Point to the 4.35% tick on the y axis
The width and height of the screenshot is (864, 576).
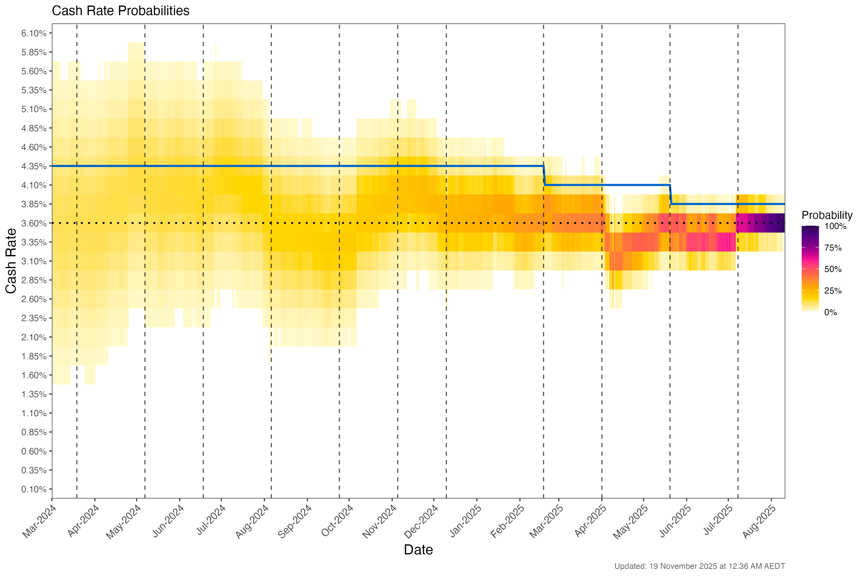point(34,166)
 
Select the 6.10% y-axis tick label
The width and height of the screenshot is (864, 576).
point(34,33)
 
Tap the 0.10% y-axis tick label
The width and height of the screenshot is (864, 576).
point(34,489)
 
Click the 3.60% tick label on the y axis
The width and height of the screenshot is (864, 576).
point(34,223)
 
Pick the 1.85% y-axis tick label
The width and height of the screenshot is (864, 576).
point(34,356)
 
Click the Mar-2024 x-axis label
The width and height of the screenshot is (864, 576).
point(40,521)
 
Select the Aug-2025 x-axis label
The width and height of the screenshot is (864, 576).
point(759,521)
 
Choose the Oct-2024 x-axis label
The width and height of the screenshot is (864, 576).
point(337,521)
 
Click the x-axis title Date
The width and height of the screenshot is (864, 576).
point(418,550)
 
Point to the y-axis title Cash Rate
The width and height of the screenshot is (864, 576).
point(11,261)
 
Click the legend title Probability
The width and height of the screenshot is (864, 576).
point(827,215)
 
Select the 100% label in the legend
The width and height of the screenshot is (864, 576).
point(835,226)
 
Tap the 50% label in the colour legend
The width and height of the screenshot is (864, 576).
point(833,269)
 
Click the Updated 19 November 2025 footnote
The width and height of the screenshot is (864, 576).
point(699,566)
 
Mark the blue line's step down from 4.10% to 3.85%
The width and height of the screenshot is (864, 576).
point(670,195)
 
